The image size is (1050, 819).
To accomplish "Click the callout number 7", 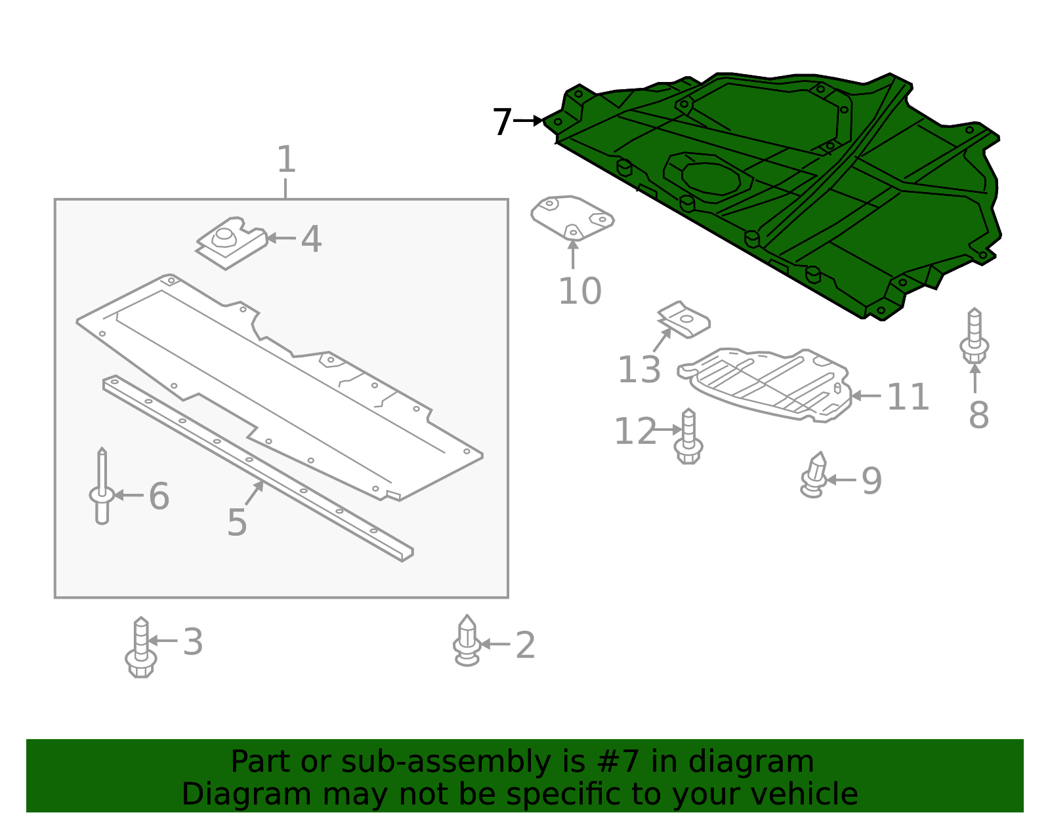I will [x=501, y=122].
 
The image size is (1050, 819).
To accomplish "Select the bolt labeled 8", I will [x=975, y=336].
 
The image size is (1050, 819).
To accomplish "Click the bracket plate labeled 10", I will [x=572, y=216].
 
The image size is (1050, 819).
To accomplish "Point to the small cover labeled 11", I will [x=768, y=384].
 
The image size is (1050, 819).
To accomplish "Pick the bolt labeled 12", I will [x=688, y=437].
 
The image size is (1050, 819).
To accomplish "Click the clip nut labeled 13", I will [x=684, y=320].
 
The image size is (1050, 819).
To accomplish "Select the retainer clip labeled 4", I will [x=232, y=243].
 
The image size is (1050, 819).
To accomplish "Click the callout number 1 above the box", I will [x=286, y=159].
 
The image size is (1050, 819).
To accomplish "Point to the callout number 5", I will [x=236, y=523].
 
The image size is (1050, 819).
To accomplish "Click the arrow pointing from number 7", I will [x=528, y=121].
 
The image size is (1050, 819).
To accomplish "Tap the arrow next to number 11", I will [x=866, y=396].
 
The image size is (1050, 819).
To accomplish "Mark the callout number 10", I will [x=579, y=291].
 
